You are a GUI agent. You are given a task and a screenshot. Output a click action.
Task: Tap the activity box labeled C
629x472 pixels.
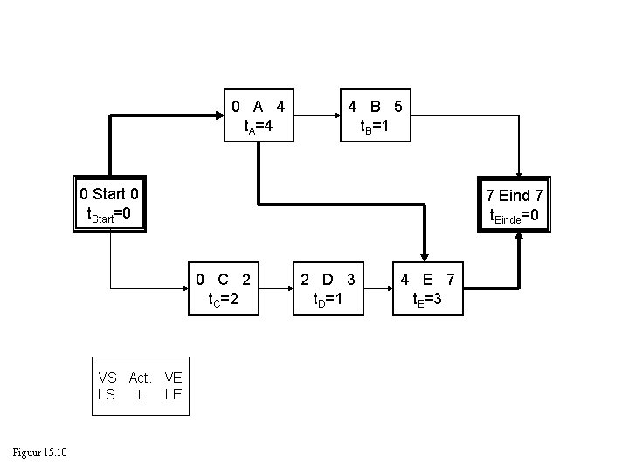tap(224, 290)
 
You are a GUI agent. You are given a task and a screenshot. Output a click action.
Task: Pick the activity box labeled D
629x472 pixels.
tap(328, 290)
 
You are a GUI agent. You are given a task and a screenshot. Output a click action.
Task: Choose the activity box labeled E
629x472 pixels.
tap(426, 290)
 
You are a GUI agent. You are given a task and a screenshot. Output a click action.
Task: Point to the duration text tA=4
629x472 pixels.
tap(259, 126)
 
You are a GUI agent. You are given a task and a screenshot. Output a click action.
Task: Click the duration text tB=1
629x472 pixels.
tap(375, 126)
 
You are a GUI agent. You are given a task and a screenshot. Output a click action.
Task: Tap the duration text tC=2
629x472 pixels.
tap(223, 300)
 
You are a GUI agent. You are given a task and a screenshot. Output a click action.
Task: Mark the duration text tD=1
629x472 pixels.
tap(328, 300)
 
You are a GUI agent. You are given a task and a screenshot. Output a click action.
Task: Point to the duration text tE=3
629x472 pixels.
tap(426, 300)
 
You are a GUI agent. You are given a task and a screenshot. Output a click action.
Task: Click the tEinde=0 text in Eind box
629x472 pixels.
tap(515, 214)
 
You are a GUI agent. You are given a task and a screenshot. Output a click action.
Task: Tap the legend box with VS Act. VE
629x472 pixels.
tap(140, 386)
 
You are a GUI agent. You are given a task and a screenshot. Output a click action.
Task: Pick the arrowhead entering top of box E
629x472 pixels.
tap(424, 256)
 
